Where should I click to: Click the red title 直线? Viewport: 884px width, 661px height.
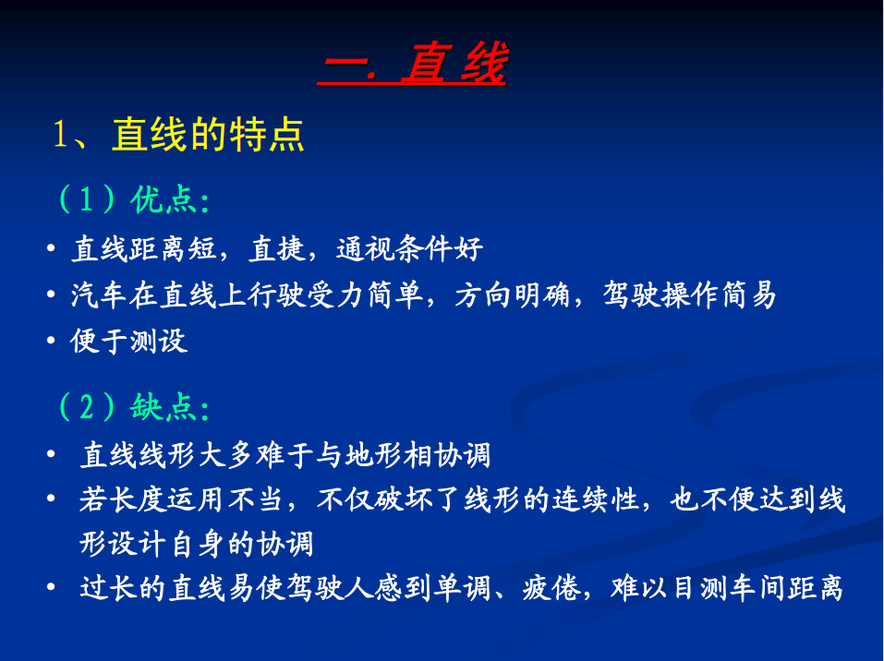(x=454, y=63)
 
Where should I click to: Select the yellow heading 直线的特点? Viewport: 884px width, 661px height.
(x=208, y=134)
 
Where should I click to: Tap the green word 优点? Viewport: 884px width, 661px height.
(x=163, y=199)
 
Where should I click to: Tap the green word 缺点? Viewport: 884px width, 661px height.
(x=163, y=407)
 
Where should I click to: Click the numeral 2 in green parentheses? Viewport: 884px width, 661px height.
(x=86, y=406)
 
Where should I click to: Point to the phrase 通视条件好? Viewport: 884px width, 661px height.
(x=409, y=248)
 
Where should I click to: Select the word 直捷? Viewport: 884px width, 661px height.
(x=277, y=248)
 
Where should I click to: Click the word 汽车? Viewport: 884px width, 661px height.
(x=99, y=294)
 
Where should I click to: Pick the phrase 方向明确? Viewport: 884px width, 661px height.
(x=512, y=294)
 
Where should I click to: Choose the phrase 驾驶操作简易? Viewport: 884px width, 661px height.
(x=689, y=294)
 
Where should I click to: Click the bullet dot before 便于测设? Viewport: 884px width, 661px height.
(x=51, y=341)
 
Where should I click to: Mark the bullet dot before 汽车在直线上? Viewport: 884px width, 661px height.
(x=51, y=294)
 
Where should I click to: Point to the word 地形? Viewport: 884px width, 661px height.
(x=373, y=455)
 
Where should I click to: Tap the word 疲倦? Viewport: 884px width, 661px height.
(x=551, y=588)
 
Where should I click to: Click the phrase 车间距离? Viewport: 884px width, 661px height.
(x=786, y=588)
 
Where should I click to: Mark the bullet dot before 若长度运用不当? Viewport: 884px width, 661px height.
(x=51, y=499)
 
